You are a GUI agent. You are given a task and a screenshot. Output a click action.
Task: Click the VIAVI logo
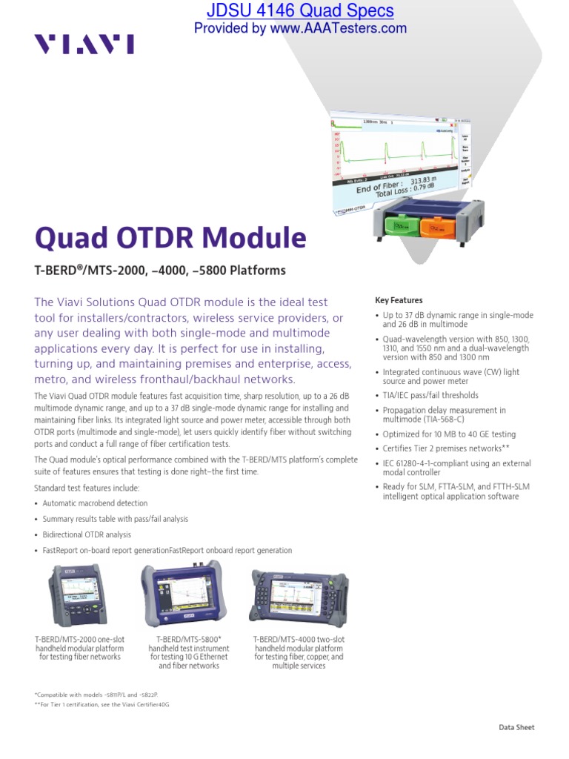(84, 45)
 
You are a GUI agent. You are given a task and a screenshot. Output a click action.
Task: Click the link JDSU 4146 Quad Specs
(300, 11)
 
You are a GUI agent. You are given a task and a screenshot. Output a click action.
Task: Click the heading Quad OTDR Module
(170, 238)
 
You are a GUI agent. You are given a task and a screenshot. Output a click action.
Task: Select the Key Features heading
(399, 300)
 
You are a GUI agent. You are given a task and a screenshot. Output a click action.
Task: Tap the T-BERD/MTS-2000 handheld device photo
(76, 595)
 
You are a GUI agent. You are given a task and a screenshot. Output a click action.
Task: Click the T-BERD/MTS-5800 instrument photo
(184, 595)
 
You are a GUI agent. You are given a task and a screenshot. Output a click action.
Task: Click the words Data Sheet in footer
(516, 727)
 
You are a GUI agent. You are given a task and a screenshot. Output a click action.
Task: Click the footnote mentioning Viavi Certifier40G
(102, 704)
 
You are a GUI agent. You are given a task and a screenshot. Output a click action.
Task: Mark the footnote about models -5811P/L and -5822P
(96, 694)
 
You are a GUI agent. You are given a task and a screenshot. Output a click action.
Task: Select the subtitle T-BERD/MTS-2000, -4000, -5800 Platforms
(160, 271)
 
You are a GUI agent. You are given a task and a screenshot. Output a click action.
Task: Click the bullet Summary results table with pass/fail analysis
(116, 520)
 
